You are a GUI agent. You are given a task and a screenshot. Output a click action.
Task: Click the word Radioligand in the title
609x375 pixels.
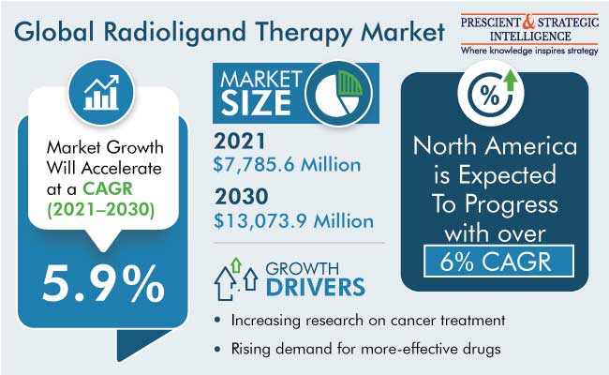coord(175,32)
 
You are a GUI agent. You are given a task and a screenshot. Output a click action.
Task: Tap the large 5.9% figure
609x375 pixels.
coord(103,283)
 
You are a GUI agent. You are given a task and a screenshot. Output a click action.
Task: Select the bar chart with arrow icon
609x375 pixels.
coord(101,93)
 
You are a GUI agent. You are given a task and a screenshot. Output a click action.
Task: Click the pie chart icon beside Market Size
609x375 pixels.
coord(338,93)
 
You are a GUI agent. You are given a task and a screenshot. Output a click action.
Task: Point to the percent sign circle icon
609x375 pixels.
coord(490,95)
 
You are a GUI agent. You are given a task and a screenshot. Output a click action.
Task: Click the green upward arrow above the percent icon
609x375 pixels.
coord(511,80)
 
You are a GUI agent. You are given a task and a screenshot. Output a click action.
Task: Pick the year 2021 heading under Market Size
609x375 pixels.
coord(240,141)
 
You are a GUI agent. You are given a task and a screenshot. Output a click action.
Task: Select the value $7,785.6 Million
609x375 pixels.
coord(287,165)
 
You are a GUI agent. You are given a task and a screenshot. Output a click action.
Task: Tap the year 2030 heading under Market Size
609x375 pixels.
coord(241,197)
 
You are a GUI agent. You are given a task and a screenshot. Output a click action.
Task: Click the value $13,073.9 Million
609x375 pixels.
coord(293,221)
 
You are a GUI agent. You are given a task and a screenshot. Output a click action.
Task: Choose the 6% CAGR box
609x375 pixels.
coord(498,262)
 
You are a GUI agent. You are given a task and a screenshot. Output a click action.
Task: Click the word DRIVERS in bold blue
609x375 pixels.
coord(316,288)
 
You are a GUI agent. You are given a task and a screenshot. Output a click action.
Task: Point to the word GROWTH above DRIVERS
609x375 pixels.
coord(303,268)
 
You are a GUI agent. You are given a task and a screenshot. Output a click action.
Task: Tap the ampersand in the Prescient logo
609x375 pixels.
coord(528,22)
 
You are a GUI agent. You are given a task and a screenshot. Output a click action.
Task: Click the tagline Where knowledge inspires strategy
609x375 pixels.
coord(529,51)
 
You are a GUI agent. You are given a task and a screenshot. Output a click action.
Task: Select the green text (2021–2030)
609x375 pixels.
coord(100,210)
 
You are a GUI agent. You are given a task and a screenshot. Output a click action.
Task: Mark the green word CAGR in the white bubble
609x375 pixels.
coord(108,188)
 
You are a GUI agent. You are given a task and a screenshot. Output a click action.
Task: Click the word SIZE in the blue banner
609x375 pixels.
coord(256,103)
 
